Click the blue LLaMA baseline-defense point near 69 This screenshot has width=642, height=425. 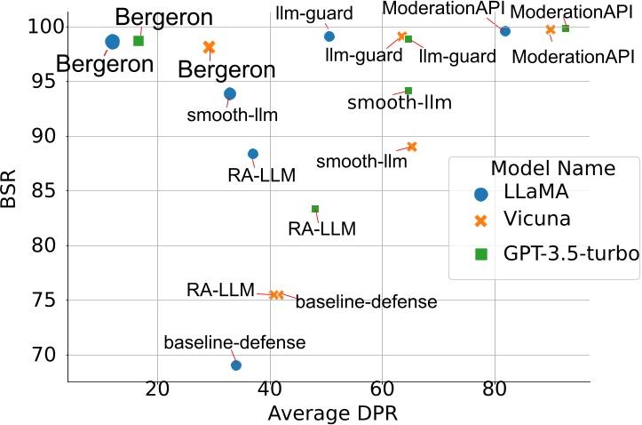236,365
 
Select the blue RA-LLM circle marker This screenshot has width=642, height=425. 253,154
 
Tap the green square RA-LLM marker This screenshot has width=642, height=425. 315,209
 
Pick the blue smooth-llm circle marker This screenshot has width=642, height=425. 230,93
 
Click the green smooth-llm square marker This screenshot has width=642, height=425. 408,91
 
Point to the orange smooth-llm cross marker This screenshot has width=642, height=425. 412,147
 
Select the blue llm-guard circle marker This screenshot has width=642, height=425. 329,36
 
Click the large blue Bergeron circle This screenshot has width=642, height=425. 113,42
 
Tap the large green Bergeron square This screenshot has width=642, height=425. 139,41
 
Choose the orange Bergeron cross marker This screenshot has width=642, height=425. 210,47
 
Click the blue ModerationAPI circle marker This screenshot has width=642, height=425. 505,31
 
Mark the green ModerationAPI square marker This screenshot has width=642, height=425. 566,28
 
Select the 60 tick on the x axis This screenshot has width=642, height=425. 382,389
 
